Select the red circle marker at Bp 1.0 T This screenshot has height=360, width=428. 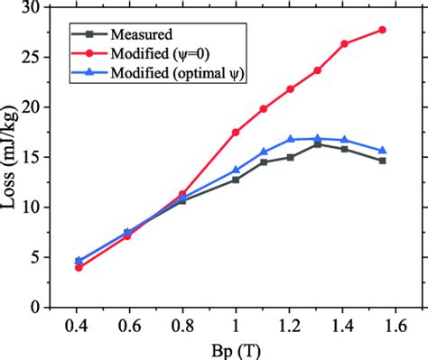(236, 132)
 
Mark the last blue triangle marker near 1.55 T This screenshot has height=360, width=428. (382, 151)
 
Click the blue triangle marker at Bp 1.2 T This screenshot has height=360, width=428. (290, 139)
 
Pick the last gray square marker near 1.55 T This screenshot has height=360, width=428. (382, 161)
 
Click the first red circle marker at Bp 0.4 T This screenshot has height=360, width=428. (79, 267)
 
